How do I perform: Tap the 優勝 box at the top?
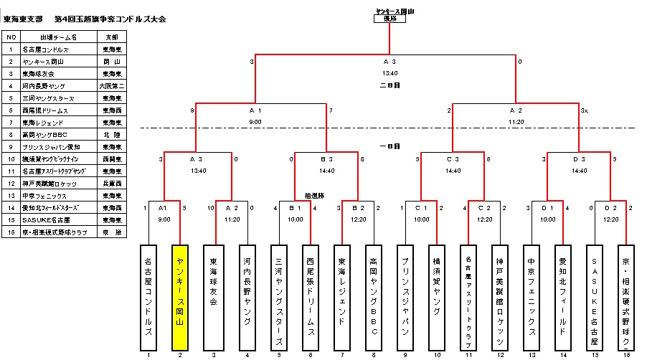[389, 19]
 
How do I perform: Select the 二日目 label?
[389, 85]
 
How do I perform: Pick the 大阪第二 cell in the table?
[112, 85]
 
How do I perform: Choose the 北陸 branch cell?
[112, 134]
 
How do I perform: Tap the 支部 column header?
[112, 37]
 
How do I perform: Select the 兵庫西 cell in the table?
[112, 183]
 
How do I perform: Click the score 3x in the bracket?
[585, 110]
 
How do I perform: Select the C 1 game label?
[421, 208]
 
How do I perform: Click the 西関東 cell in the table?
[112, 158]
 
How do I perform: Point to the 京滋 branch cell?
[112, 232]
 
